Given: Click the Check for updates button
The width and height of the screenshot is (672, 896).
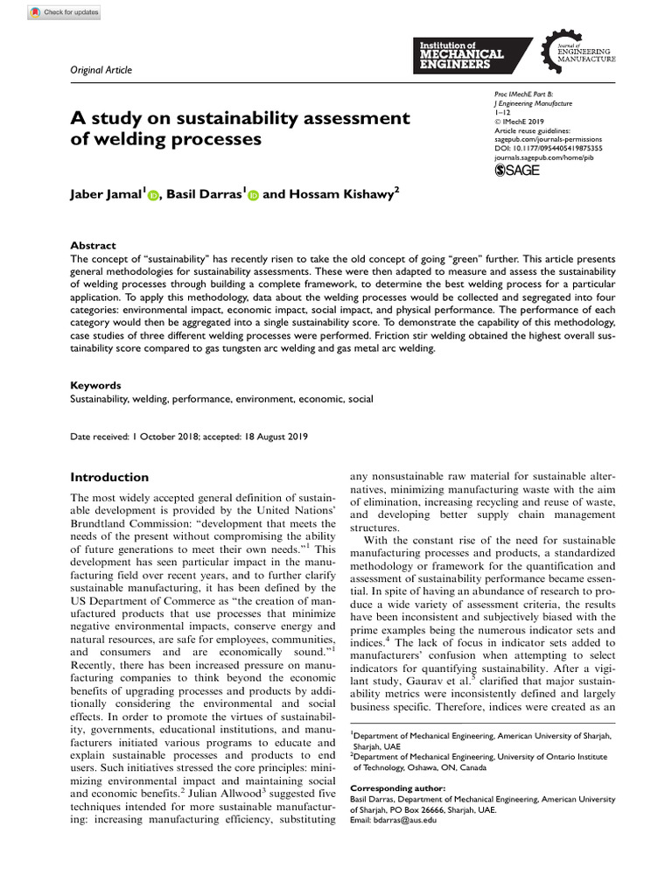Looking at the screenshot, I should tap(64, 12).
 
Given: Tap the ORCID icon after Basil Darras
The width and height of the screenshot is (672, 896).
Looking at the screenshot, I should tap(254, 197).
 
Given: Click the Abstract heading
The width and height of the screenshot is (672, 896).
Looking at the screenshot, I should tap(93, 246).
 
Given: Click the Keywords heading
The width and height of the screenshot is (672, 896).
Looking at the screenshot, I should tap(95, 384).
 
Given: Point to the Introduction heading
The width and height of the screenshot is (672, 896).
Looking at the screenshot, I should tap(109, 477).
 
